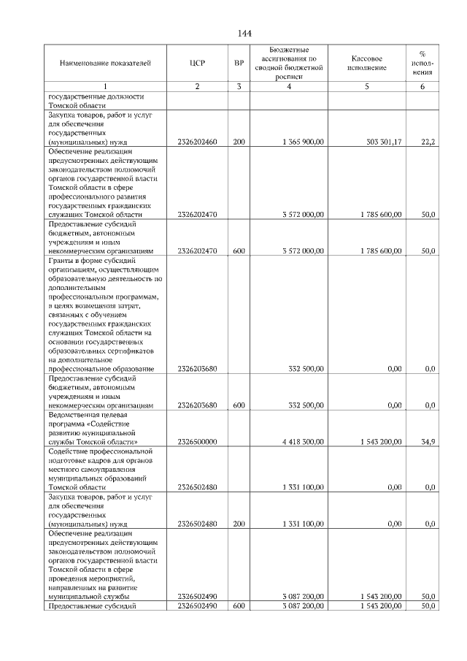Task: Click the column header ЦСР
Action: pyautogui.click(x=196, y=64)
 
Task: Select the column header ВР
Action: pyautogui.click(x=239, y=64)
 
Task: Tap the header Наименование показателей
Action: pyautogui.click(x=105, y=64)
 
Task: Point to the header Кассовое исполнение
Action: pyautogui.click(x=366, y=63)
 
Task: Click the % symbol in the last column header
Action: pyautogui.click(x=422, y=54)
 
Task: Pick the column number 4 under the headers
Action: pyautogui.click(x=290, y=88)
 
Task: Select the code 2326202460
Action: pyautogui.click(x=197, y=142)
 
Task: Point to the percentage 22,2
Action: pyautogui.click(x=428, y=142)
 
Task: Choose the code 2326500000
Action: pyautogui.click(x=197, y=442)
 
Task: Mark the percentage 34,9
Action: pyautogui.click(x=428, y=442)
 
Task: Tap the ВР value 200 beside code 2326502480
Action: pyautogui.click(x=239, y=524)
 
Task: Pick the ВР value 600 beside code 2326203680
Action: pyautogui.click(x=239, y=405)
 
